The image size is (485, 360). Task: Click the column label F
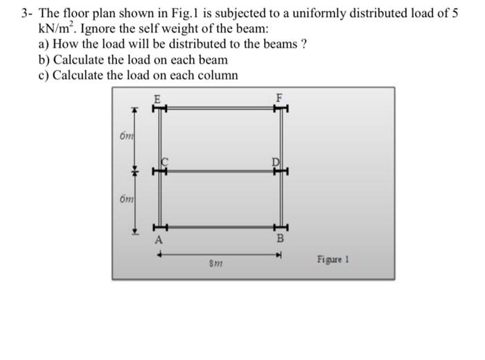[279, 98]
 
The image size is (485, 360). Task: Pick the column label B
[280, 240]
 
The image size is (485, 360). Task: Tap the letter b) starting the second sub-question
[44, 61]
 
